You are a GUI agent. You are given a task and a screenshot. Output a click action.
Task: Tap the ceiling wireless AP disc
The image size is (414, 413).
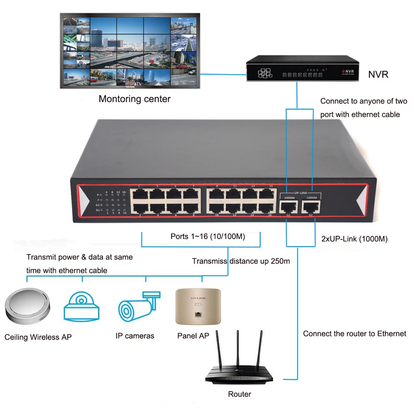point(27,307)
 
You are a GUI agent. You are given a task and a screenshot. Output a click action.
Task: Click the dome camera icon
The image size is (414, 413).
point(82,306)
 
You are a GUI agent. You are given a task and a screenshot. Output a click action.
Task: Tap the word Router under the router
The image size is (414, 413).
point(239,394)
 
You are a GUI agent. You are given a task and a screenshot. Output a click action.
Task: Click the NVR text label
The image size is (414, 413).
point(378,75)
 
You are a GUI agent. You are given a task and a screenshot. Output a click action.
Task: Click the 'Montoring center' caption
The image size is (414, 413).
point(135,99)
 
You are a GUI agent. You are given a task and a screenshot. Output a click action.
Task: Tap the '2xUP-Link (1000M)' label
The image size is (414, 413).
point(354,239)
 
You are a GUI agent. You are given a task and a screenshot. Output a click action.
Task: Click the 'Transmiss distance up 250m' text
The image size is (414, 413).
point(241,261)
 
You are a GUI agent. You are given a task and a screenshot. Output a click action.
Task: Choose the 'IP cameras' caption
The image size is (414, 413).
point(135,336)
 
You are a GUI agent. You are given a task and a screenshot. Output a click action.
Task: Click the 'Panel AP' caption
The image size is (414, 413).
point(193,336)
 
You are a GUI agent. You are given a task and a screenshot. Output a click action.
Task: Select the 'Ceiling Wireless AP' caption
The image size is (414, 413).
point(38,337)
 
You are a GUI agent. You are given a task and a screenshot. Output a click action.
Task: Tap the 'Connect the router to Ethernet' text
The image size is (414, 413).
point(354,334)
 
